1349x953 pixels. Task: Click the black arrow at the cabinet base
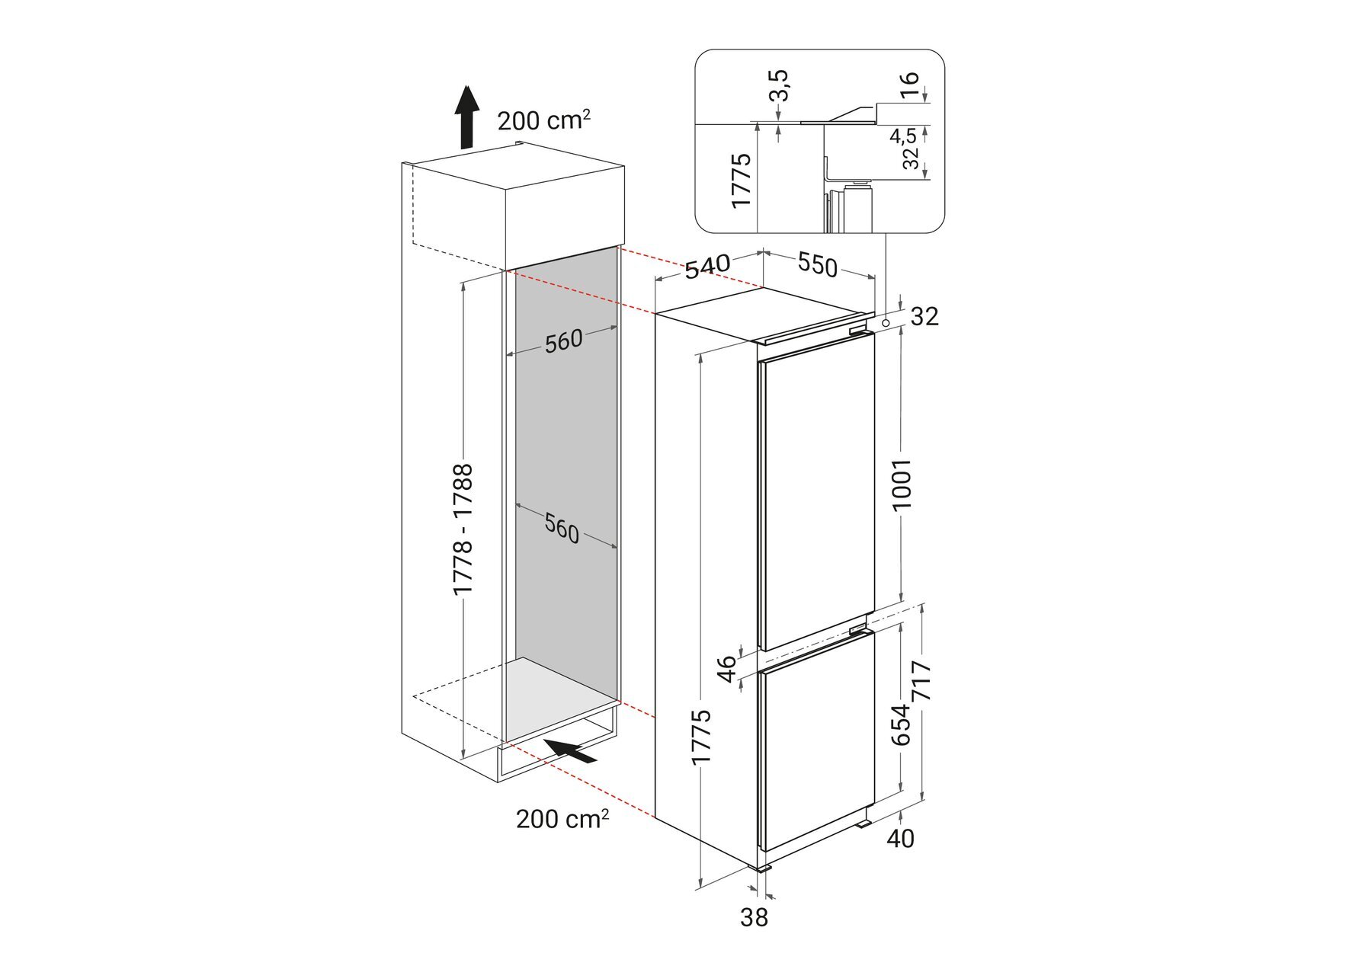571,750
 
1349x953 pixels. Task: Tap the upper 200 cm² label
543,120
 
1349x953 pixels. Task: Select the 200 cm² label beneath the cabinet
562,819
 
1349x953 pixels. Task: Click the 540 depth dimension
707,267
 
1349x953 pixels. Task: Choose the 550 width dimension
818,264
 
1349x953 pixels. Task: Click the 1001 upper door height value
902,484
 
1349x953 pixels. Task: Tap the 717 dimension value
921,681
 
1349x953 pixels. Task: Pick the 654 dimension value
901,724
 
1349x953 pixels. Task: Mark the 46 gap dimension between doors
727,670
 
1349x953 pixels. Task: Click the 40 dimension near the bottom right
901,839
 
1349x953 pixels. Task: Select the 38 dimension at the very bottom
754,918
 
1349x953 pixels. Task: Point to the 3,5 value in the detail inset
778,85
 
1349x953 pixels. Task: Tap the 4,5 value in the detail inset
903,137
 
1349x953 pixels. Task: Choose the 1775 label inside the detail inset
741,180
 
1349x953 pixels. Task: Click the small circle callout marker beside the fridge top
886,323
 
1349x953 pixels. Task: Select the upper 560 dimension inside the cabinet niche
563,341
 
